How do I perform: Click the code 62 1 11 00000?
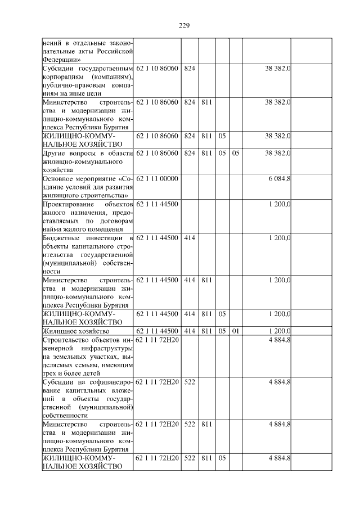click(157, 178)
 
